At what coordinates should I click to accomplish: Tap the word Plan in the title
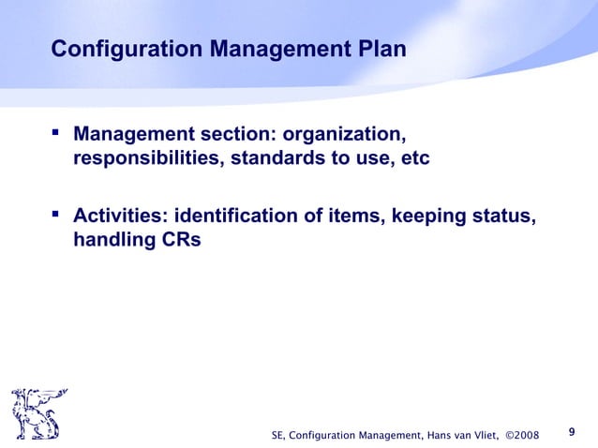point(380,48)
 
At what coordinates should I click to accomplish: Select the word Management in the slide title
point(270,48)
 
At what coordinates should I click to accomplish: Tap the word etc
point(413,159)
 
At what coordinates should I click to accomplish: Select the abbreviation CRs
point(181,241)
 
